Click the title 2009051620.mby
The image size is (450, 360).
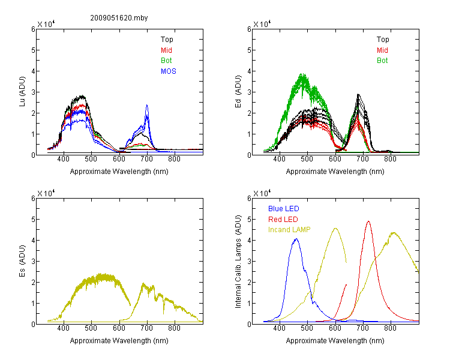pos(119,18)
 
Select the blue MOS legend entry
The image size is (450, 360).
pos(169,71)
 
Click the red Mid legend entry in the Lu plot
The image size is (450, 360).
pos(166,50)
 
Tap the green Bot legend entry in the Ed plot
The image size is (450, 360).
pos(382,61)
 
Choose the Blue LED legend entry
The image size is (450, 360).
pos(284,209)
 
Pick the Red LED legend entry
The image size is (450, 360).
pos(283,220)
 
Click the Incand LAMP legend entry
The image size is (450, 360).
pos(289,230)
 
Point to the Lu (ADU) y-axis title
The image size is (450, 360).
pos(22,91)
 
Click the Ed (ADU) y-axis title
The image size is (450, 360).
pos(238,92)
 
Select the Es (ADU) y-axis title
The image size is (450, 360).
pos(22,261)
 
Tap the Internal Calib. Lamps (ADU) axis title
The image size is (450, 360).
pos(238,262)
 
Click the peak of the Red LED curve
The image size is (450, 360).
pos(368,221)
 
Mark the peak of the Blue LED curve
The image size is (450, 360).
pos(296,239)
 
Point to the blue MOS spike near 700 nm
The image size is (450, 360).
pos(147,105)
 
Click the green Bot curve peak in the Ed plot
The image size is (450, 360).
pos(302,74)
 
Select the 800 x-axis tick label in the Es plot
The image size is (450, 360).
pos(174,328)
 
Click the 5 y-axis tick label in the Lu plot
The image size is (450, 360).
pos(33,50)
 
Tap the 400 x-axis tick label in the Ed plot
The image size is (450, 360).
pos(279,159)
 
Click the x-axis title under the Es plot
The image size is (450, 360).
pos(119,341)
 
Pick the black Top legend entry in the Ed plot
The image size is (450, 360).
pos(383,40)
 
